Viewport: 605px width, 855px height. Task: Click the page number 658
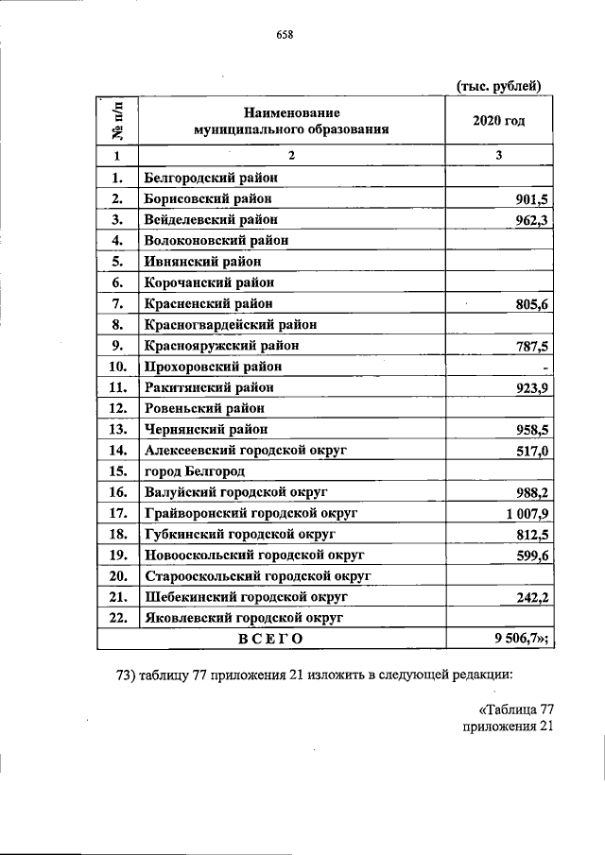pyautogui.click(x=284, y=36)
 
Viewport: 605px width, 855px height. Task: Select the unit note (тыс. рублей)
pyautogui.click(x=499, y=86)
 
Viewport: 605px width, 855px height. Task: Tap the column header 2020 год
pyautogui.click(x=499, y=121)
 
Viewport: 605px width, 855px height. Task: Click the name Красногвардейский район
pyautogui.click(x=230, y=324)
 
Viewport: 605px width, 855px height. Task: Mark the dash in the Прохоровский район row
pyautogui.click(x=547, y=367)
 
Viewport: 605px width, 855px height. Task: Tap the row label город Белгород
pyautogui.click(x=195, y=470)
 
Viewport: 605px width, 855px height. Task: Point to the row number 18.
pyautogui.click(x=118, y=534)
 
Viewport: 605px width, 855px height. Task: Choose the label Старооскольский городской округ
pyautogui.click(x=256, y=575)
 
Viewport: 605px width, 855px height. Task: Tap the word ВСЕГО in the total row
pyautogui.click(x=270, y=639)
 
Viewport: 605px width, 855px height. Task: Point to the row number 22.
pyautogui.click(x=118, y=618)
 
